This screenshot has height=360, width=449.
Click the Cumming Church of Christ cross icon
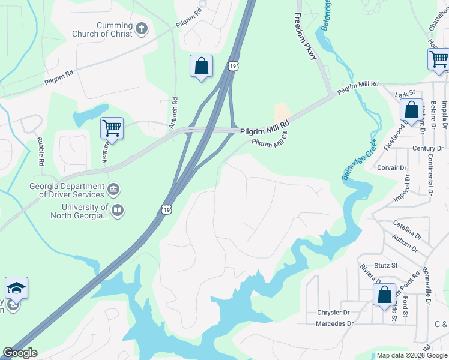pyautogui.click(x=142, y=28)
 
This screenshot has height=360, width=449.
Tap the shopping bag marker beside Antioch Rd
pyautogui.click(x=202, y=66)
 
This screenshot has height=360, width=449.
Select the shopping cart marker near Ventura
pyautogui.click(x=112, y=128)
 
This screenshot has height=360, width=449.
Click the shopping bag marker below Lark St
pyautogui.click(x=411, y=110)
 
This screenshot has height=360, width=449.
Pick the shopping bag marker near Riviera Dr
pyautogui.click(x=384, y=295)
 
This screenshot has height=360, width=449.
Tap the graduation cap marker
pyautogui.click(x=17, y=289)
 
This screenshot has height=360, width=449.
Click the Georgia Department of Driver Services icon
pyautogui.click(x=113, y=191)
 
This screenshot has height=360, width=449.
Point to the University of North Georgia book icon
pyautogui.click(x=118, y=210)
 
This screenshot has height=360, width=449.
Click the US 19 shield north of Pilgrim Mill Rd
pyautogui.click(x=234, y=64)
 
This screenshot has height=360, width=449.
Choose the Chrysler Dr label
pyautogui.click(x=333, y=313)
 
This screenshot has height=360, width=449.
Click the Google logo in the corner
pyautogui.click(x=20, y=353)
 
